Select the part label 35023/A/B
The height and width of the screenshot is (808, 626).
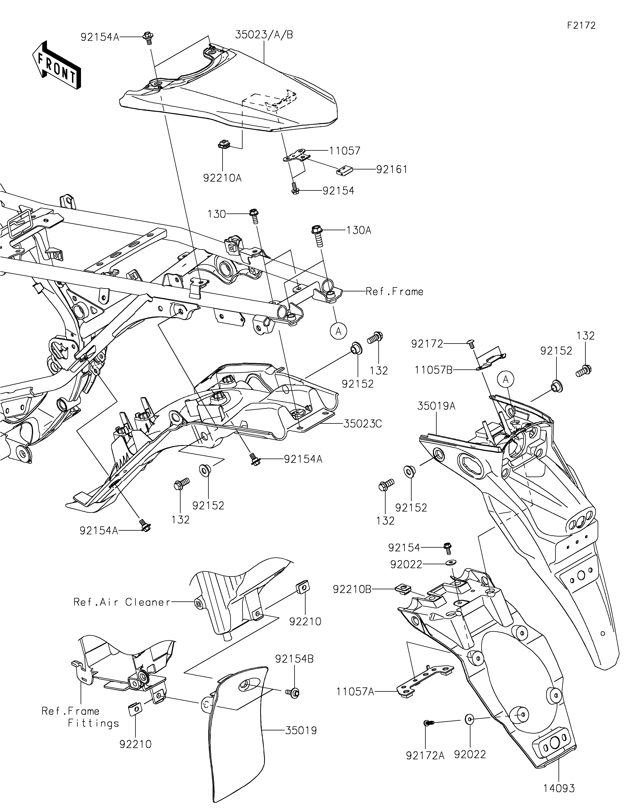[264, 35]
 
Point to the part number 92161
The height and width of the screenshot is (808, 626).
[392, 169]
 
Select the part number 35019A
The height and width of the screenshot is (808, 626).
[436, 406]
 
